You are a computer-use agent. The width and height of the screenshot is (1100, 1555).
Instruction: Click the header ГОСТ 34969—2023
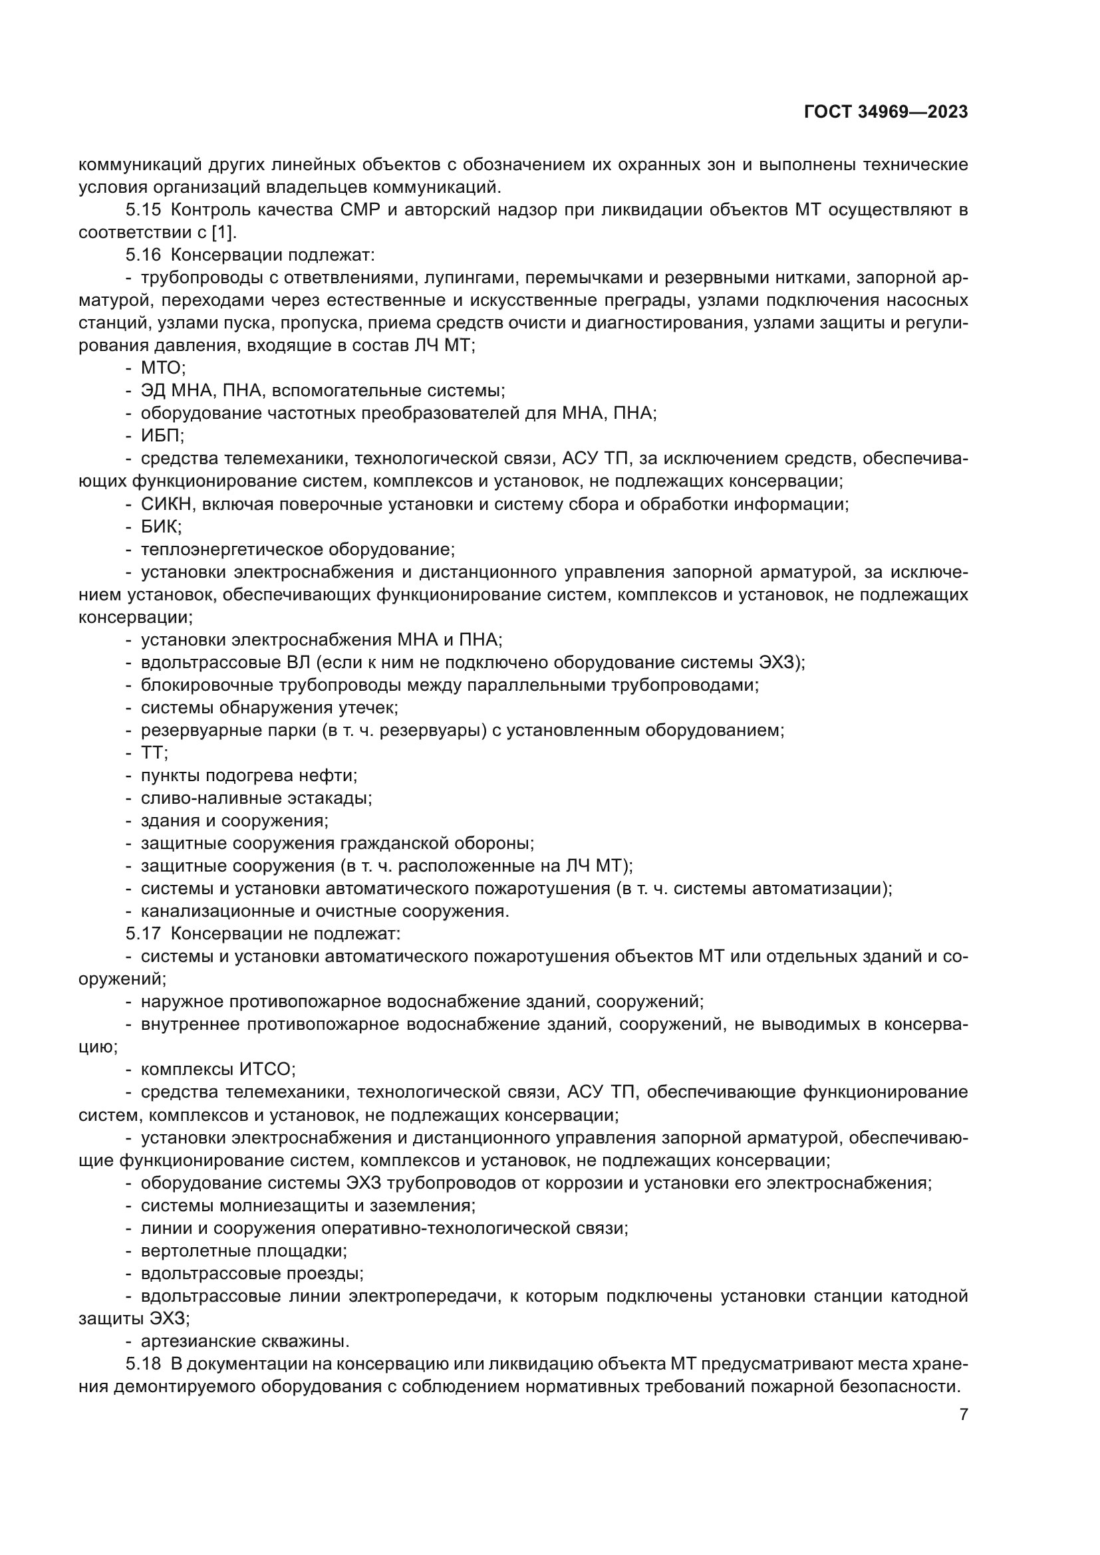tap(885, 112)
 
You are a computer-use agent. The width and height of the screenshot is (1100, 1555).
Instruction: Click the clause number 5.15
tap(143, 210)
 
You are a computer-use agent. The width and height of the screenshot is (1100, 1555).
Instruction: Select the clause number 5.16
tap(143, 255)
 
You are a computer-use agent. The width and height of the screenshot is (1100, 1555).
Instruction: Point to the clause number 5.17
tap(143, 933)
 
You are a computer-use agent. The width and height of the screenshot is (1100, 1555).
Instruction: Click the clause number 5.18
tap(143, 1364)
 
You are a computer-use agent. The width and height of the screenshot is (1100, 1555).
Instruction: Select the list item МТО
tap(162, 368)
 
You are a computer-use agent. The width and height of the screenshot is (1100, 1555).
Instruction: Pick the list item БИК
tap(160, 527)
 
